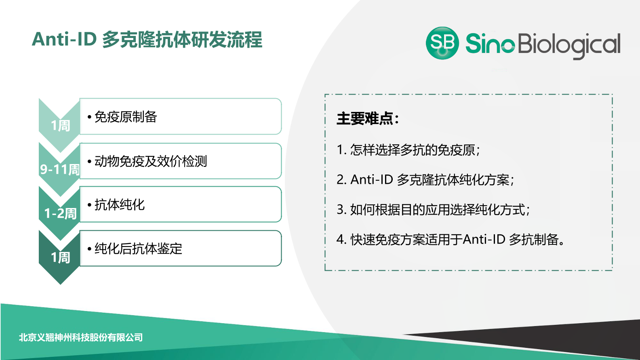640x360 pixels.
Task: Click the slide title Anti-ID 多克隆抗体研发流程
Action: (x=147, y=40)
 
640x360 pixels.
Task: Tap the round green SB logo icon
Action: (x=442, y=43)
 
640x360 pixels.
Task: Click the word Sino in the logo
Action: (x=490, y=44)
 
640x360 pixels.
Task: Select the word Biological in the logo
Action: (x=569, y=45)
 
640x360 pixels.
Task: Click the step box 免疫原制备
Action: (x=180, y=116)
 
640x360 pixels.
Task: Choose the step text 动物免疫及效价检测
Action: (x=150, y=161)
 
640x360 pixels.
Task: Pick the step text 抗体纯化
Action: (x=119, y=205)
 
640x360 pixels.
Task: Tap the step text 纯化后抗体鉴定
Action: (x=138, y=248)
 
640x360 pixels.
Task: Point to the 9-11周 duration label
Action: (x=60, y=169)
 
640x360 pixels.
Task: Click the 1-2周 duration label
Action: (x=60, y=213)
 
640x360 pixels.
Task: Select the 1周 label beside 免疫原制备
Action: (x=60, y=125)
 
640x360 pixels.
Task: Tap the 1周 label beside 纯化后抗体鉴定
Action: (x=60, y=257)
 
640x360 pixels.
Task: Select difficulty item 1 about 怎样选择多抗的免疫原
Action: (x=408, y=150)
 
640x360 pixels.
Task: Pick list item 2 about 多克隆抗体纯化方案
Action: (x=425, y=180)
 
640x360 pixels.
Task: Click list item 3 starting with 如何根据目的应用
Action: (x=433, y=210)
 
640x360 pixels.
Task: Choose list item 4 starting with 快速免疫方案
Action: (x=450, y=240)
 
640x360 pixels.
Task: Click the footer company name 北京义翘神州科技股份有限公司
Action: (x=81, y=337)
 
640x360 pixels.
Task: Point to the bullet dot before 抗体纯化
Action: (x=89, y=205)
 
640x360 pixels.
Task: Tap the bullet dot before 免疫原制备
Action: (x=89, y=117)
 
